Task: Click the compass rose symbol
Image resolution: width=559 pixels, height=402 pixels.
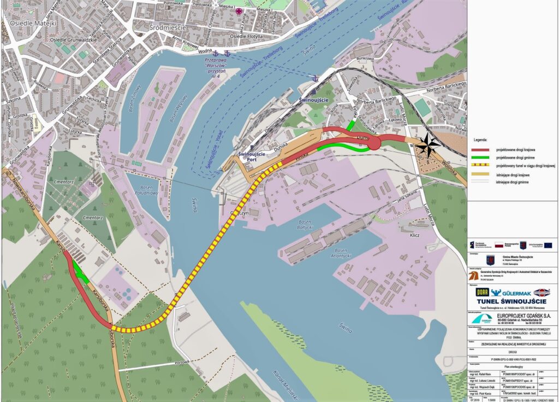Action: point(427,144)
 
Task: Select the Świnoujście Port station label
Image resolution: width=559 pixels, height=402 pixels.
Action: point(252,158)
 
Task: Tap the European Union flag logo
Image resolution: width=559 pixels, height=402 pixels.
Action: point(548,245)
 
